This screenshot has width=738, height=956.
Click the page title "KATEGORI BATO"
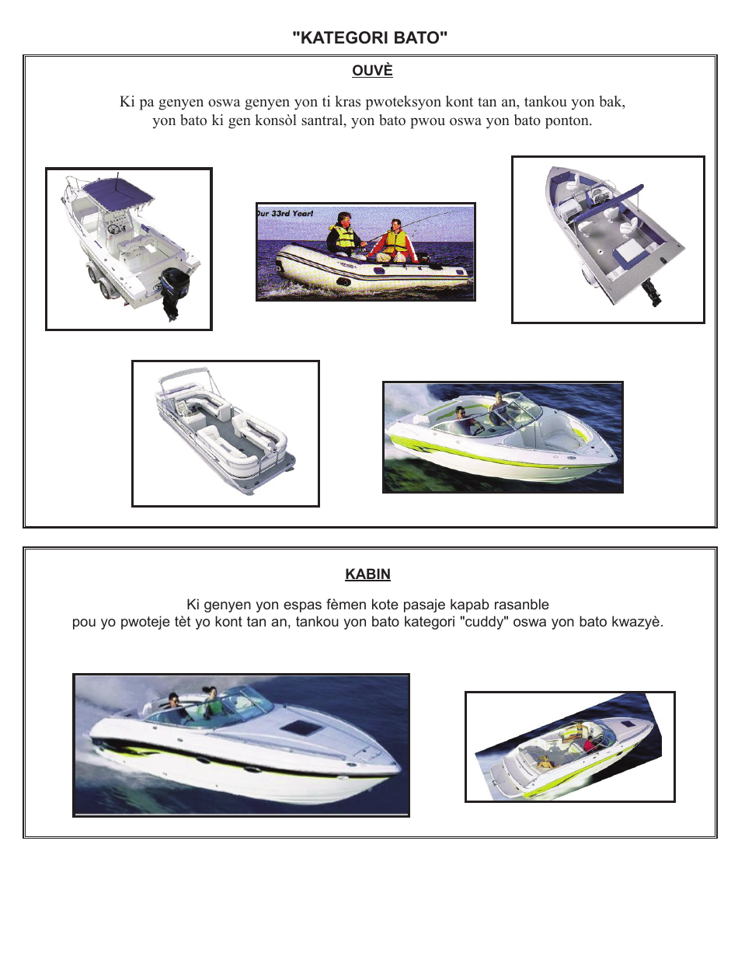(370, 38)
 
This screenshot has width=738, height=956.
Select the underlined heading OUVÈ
(372, 71)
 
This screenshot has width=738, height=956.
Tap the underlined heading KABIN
(367, 574)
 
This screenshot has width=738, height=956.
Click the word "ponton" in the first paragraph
(569, 121)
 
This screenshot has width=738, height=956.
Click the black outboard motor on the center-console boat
(170, 291)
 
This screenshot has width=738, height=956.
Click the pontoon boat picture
(225, 433)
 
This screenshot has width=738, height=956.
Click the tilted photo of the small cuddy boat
(569, 746)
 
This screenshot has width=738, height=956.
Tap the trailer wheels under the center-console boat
(101, 286)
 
